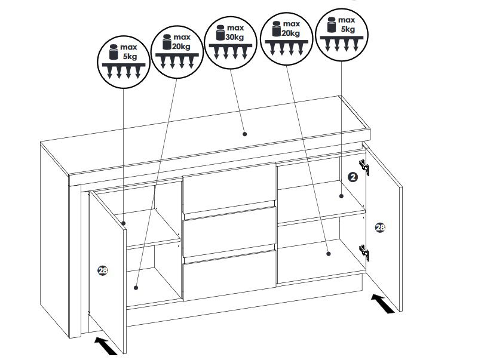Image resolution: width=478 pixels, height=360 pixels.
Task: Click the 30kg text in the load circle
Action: point(235,37)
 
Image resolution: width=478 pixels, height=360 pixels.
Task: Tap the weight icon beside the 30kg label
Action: point(220,33)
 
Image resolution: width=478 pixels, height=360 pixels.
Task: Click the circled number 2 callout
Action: point(353,177)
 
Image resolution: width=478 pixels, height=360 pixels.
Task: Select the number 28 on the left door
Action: point(102,270)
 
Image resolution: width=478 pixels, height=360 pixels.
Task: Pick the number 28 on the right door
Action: point(380,227)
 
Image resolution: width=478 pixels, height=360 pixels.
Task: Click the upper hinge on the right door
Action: point(364,167)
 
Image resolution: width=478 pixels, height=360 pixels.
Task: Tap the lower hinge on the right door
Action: point(364,252)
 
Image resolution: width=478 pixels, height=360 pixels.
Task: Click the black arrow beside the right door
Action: point(382,303)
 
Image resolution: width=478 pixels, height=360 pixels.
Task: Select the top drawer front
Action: point(229,189)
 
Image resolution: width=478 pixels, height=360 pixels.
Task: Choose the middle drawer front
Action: point(229,232)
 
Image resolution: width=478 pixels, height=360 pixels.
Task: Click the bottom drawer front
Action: point(229,275)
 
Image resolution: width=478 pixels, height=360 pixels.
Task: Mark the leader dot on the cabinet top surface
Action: point(244,134)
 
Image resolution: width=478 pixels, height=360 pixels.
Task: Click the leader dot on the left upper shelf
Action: point(124,223)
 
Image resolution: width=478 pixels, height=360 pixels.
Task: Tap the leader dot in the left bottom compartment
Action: point(136,288)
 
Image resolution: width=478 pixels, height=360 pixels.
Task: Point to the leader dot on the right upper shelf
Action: point(341,196)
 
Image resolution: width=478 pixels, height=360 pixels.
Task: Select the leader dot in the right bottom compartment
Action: point(328,253)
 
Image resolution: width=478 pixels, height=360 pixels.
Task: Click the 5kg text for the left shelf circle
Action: point(130,57)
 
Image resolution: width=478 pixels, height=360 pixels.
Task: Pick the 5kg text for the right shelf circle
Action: point(348,29)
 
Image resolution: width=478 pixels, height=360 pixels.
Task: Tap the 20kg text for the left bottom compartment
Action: point(182,47)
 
